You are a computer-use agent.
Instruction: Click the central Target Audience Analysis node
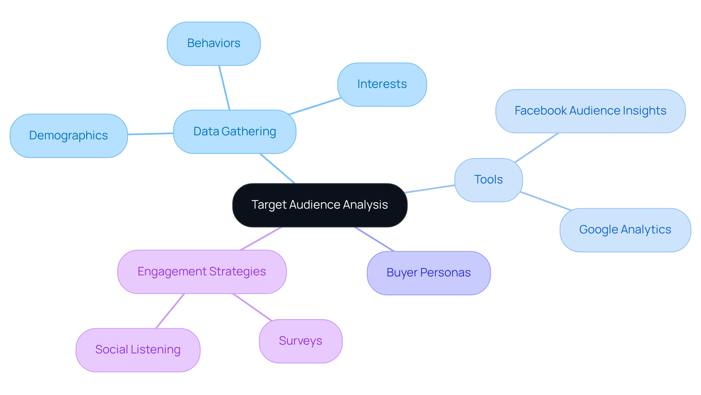tap(319, 205)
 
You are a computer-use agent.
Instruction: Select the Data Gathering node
tap(234, 132)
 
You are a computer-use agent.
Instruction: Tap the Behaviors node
tap(214, 43)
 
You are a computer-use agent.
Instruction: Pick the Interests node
tap(382, 84)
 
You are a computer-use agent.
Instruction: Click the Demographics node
tap(69, 136)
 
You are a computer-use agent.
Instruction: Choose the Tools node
tap(489, 180)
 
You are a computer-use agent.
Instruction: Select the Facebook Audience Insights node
tap(590, 111)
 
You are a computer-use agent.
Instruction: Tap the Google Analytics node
tap(625, 230)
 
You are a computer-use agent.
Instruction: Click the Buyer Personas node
tap(429, 273)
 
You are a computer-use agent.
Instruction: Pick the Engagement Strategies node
tap(202, 272)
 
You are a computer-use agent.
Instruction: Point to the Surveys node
tap(300, 341)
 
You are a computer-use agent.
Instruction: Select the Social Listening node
tap(138, 350)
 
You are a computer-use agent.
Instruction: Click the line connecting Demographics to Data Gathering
tap(150, 134)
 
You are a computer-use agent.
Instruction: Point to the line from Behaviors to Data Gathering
tap(224, 88)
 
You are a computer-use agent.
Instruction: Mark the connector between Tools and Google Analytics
tap(545, 201)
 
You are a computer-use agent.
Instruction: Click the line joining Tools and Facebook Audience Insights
tap(537, 147)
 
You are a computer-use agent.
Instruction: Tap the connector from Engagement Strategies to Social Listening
tap(170, 311)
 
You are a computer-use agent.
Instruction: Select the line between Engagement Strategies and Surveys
tap(252, 307)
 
